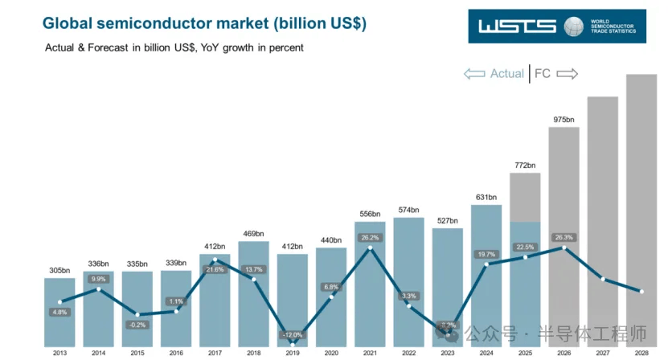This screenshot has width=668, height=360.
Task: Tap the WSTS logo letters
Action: click(x=517, y=26)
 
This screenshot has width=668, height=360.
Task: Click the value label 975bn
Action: click(x=563, y=120)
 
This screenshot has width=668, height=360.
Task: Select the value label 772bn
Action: click(x=525, y=166)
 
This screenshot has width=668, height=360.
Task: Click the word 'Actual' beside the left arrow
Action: click(x=507, y=73)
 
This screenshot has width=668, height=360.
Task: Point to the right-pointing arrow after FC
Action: click(x=567, y=73)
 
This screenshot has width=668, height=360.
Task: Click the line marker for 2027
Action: click(x=602, y=280)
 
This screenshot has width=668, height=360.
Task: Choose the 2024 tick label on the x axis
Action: click(x=486, y=353)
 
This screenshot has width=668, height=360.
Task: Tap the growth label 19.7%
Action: click(x=486, y=254)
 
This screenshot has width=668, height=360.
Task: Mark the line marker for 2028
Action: click(x=641, y=292)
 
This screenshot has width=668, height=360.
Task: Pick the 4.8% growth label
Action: click(x=59, y=312)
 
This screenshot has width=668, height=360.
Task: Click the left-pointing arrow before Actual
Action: click(x=474, y=73)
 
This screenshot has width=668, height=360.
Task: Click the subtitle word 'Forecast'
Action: click(x=122, y=48)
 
